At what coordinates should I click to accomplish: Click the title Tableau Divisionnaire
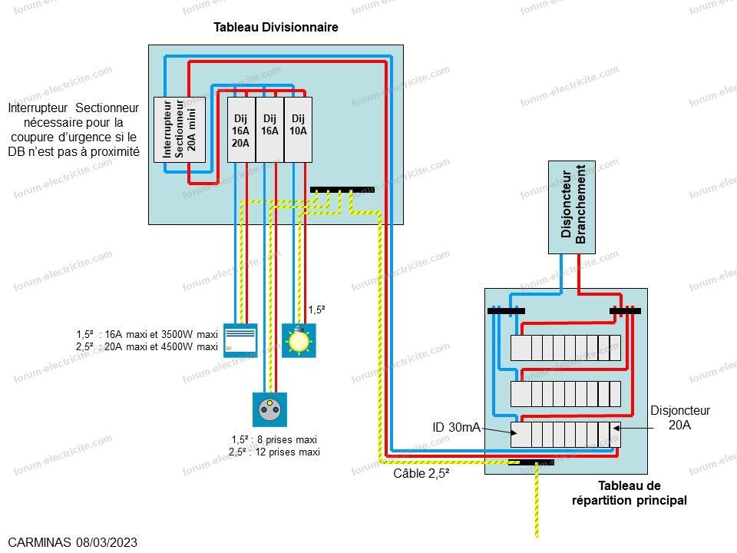[x=276, y=28]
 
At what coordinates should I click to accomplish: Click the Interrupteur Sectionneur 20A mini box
[x=180, y=130]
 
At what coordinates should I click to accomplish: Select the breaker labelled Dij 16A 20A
[x=241, y=130]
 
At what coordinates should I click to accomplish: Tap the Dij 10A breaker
[x=298, y=130]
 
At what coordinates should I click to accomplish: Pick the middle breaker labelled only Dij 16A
[x=269, y=130]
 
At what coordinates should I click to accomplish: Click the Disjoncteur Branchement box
[x=571, y=207]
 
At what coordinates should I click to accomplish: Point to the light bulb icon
[x=299, y=340]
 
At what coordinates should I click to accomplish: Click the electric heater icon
[x=240, y=340]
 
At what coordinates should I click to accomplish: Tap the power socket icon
[x=269, y=409]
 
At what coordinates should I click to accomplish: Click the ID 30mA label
[x=456, y=427]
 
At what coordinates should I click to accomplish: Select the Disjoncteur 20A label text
[x=679, y=418]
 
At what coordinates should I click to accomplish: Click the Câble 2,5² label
[x=421, y=473]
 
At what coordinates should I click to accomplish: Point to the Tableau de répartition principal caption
[x=630, y=493]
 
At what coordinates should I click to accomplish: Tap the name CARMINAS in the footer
[x=39, y=542]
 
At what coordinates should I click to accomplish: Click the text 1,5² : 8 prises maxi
[x=275, y=439]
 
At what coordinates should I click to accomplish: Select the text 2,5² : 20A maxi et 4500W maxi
[x=147, y=346]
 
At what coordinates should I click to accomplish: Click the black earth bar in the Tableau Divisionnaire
[x=342, y=190]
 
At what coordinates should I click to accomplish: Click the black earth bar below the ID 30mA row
[x=531, y=462]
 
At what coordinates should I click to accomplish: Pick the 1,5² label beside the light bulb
[x=317, y=310]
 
